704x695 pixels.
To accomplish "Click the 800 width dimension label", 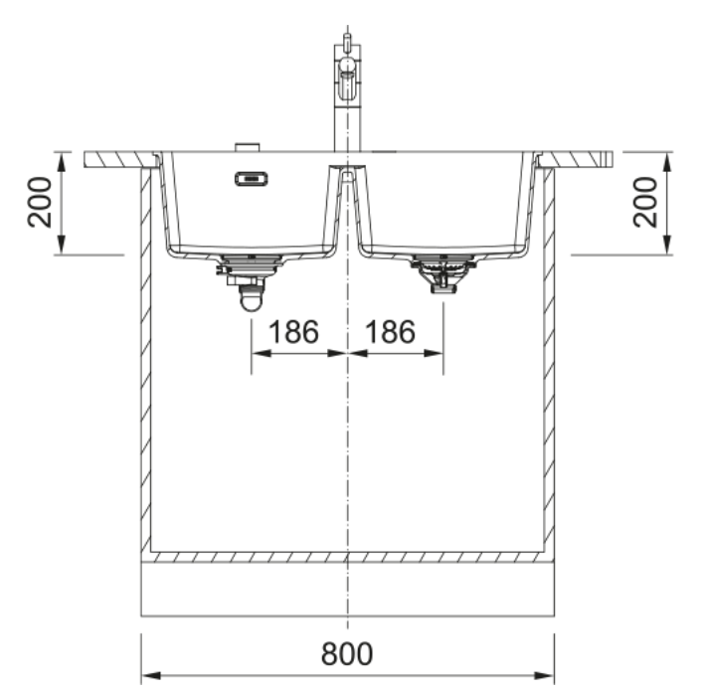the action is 347,653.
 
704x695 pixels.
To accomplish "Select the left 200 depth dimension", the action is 40,203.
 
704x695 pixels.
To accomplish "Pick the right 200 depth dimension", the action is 645,203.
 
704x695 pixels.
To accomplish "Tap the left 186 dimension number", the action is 293,332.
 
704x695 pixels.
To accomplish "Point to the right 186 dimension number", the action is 390,332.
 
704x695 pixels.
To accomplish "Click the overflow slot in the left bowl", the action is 252,179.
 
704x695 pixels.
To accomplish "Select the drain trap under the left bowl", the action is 250,282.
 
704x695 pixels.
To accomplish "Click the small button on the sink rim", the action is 248,147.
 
